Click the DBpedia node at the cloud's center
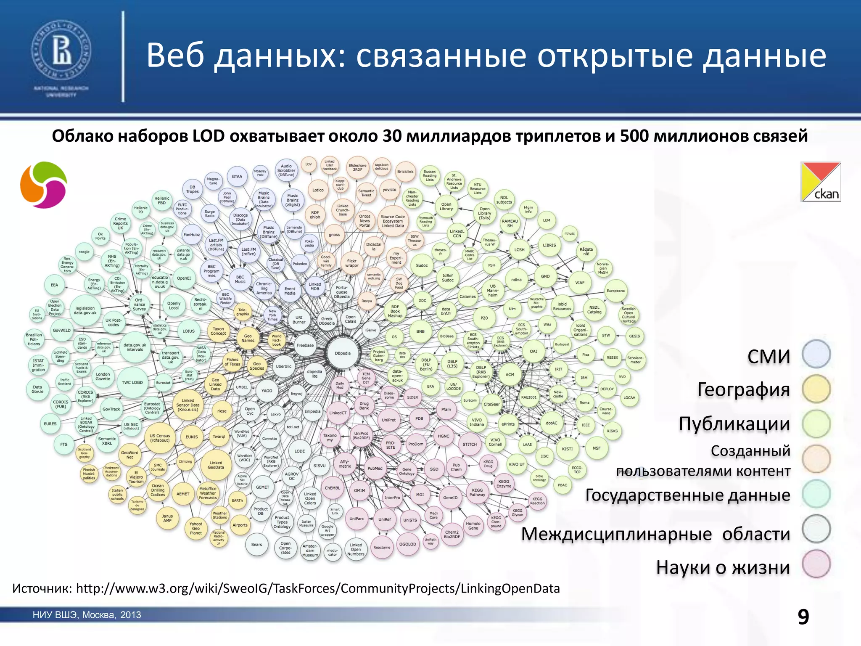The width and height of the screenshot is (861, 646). coord(343,353)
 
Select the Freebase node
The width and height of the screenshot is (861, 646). coord(305,345)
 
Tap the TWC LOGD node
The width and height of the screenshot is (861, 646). coord(132,383)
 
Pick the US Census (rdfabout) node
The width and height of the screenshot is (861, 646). coord(160,438)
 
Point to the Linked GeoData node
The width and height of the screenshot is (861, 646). coord(216,465)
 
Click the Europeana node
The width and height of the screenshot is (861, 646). coord(615,291)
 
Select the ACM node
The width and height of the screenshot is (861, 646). coord(510,375)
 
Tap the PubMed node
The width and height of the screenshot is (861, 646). coord(375,469)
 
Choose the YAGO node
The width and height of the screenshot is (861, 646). coord(267,391)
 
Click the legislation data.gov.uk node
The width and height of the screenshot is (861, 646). coord(85,311)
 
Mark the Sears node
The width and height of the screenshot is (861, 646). coord(256,545)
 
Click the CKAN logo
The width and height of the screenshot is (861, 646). coord(820,182)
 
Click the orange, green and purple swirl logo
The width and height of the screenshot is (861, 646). coord(44,185)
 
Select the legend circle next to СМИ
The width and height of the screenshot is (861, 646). coord(816,354)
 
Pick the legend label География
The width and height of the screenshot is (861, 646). coord(743,389)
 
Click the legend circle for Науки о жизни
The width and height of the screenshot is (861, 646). coord(816,564)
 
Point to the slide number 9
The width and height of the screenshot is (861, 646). coord(803,617)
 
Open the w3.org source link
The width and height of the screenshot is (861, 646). coord(318,588)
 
